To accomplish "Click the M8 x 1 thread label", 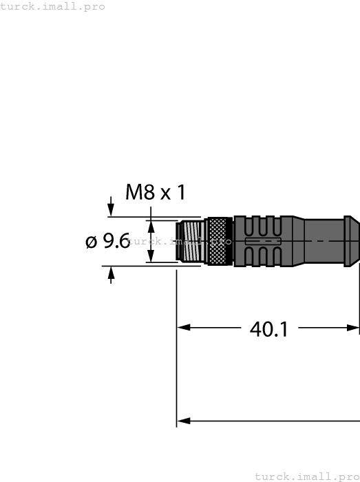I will (156, 192).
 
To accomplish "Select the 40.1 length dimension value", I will (268, 329).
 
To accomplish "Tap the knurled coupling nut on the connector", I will (220, 241).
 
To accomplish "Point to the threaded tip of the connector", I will (190, 241).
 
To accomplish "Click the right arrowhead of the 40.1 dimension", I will (354, 328).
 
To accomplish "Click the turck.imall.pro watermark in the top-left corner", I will (53, 6).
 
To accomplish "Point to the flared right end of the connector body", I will (351, 241).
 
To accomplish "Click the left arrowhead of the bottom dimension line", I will (183, 420).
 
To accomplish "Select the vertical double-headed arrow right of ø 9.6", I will (151, 241).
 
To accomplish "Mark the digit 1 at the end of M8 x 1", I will (180, 192).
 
